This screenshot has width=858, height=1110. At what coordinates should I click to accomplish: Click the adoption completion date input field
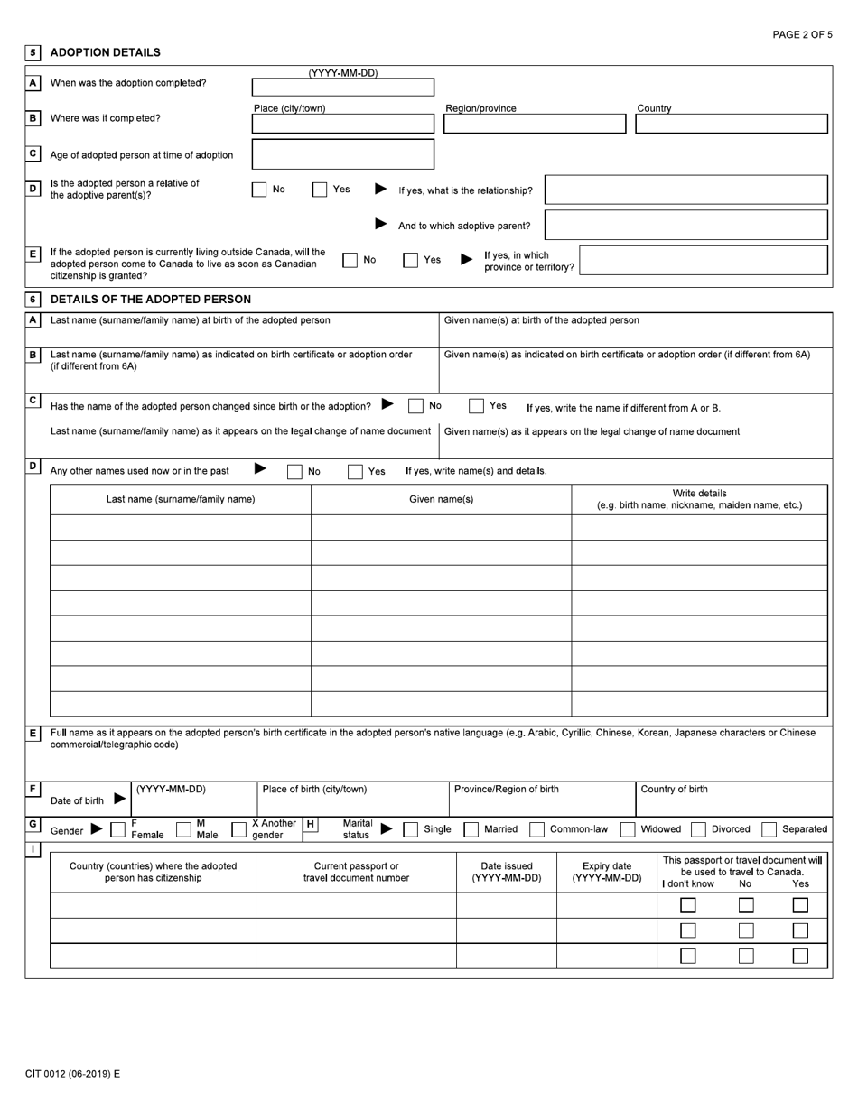pyautogui.click(x=342, y=88)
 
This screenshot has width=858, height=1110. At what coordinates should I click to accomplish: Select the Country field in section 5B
pyautogui.click(x=731, y=124)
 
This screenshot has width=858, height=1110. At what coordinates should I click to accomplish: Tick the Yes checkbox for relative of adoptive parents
pyautogui.click(x=320, y=190)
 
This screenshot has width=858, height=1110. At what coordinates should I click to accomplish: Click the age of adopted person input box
pyautogui.click(x=342, y=154)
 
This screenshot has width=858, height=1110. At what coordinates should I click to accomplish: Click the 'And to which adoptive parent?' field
pyautogui.click(x=686, y=225)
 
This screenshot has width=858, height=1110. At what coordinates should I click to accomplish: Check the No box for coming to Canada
pyautogui.click(x=350, y=260)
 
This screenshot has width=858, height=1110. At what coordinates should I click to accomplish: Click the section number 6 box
pyautogui.click(x=33, y=300)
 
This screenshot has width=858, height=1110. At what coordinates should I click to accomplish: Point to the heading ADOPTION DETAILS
pyautogui.click(x=105, y=52)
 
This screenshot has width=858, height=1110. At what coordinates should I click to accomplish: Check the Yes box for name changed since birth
pyautogui.click(x=476, y=406)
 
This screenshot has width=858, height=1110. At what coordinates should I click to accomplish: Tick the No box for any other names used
pyautogui.click(x=294, y=471)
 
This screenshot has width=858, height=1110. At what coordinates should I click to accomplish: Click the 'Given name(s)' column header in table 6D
pyautogui.click(x=441, y=499)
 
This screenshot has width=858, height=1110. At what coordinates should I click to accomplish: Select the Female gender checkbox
pyautogui.click(x=118, y=829)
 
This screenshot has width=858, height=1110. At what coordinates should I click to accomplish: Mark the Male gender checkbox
pyautogui.click(x=183, y=829)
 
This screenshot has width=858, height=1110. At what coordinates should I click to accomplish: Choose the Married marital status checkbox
pyautogui.click(x=471, y=829)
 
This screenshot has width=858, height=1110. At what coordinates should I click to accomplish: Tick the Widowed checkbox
pyautogui.click(x=628, y=829)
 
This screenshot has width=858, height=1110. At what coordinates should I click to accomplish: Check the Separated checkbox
pyautogui.click(x=769, y=829)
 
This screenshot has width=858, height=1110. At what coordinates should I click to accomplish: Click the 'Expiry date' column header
pyautogui.click(x=607, y=872)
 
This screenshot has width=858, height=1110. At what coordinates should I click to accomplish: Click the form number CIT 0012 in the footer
pyautogui.click(x=72, y=1074)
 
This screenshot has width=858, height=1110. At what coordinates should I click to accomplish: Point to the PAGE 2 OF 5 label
pyautogui.click(x=802, y=34)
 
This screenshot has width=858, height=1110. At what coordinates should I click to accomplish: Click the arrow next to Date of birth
pyautogui.click(x=119, y=799)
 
